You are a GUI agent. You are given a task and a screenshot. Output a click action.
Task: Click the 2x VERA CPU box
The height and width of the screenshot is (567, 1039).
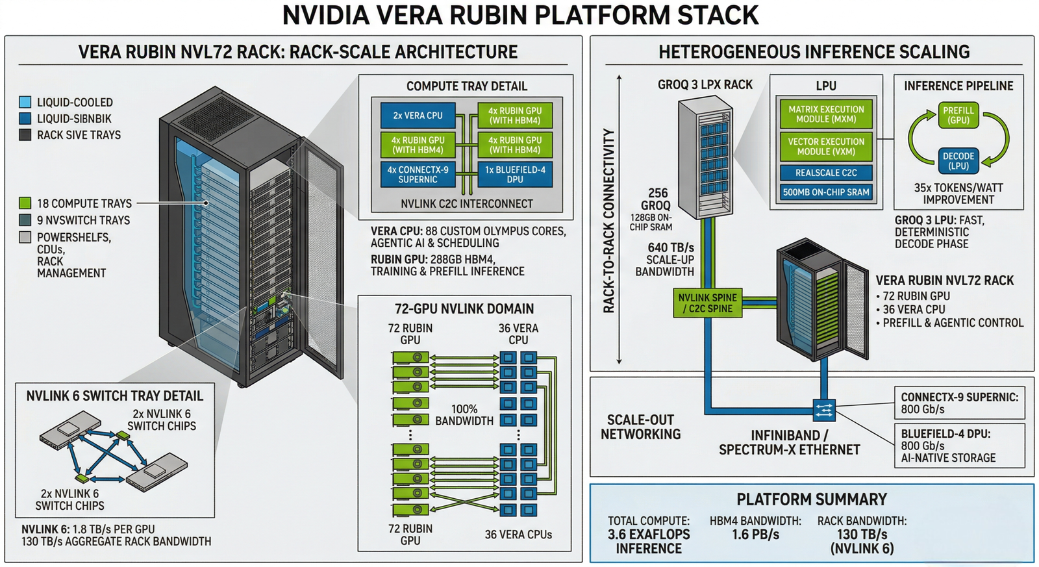pos(418,116)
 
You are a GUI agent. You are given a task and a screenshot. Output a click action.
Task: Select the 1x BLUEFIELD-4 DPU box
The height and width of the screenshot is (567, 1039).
pos(515,174)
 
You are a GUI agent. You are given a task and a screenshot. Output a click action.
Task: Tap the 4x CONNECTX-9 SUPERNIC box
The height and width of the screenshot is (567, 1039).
pos(418,174)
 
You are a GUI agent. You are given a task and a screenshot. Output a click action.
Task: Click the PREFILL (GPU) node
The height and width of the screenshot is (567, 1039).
pos(958,115)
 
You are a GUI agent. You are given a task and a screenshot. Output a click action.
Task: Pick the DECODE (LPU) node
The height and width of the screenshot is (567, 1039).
pos(958,160)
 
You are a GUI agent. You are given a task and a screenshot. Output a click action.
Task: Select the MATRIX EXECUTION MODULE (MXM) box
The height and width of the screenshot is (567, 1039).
pos(826,114)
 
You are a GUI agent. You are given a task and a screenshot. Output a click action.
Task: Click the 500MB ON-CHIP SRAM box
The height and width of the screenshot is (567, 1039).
pos(826,192)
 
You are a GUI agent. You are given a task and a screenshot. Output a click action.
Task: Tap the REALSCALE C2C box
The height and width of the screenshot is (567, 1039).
pos(826,173)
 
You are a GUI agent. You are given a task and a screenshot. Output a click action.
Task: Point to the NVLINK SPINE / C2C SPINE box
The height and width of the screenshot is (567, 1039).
pos(707,303)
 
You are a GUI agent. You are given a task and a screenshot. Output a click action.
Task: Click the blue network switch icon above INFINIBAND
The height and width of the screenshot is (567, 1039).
pos(823,410)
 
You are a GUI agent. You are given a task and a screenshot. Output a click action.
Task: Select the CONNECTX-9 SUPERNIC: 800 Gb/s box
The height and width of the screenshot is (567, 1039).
pos(959,403)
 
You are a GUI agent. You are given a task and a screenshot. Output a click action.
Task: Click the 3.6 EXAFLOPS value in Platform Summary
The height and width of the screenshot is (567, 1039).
pos(649,535)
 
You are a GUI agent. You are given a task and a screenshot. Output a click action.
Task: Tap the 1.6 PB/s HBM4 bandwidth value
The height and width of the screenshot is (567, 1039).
pos(755,535)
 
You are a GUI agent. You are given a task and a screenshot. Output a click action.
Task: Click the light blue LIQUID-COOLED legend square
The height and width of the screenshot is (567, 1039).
pos(25,102)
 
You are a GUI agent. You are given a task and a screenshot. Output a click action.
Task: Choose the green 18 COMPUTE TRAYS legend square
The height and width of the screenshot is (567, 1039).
pos(25,203)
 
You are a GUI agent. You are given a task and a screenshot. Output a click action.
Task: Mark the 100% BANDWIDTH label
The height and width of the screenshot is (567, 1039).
pos(464,414)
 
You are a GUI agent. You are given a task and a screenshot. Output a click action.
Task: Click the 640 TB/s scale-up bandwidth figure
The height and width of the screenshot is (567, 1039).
pos(670,247)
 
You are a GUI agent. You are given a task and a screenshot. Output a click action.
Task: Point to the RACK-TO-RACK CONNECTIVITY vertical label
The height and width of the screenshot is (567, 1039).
pos(608,221)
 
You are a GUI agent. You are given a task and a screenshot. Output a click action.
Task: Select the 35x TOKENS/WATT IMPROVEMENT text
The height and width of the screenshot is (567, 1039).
pos(958,194)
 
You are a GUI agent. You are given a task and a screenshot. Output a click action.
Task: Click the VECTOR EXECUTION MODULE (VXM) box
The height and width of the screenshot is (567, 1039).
pos(826,146)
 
